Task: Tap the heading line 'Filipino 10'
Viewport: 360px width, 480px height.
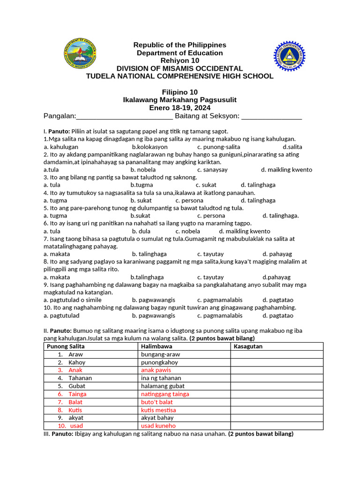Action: click(x=180, y=92)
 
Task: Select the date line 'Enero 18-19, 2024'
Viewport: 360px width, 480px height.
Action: click(x=180, y=108)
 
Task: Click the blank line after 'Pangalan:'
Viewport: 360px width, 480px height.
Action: click(x=124, y=116)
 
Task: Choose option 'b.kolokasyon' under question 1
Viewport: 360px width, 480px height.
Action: click(x=150, y=147)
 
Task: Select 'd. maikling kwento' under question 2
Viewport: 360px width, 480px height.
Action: click(x=286, y=170)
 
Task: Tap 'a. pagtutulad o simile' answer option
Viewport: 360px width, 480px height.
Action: click(x=72, y=300)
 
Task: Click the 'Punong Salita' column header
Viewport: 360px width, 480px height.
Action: click(x=66, y=346)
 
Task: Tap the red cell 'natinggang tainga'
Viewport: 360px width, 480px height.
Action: click(x=165, y=394)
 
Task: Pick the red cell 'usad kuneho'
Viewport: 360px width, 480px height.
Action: click(x=158, y=426)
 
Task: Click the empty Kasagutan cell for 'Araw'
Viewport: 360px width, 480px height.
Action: click(x=277, y=354)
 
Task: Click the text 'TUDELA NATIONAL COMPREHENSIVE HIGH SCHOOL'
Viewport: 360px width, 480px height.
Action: click(x=180, y=76)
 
